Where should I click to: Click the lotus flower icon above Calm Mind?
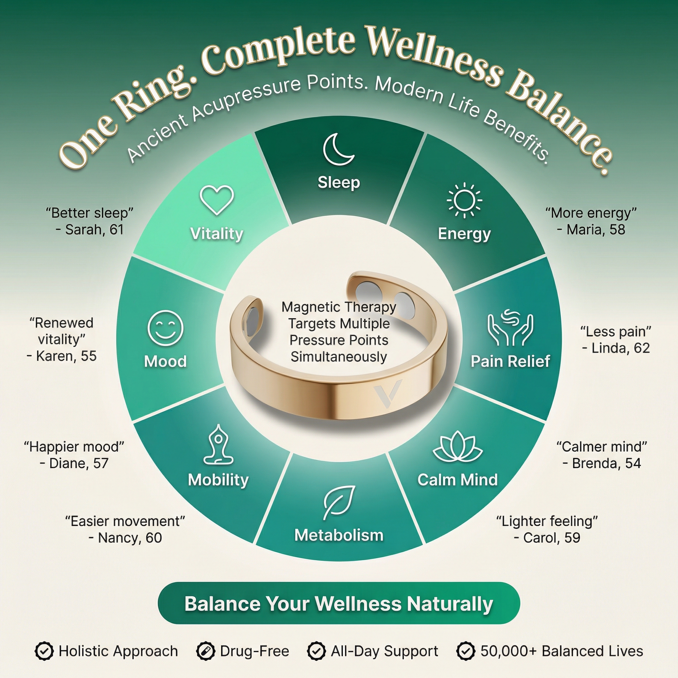pyautogui.click(x=458, y=446)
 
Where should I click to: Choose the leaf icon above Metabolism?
pyautogui.click(x=339, y=503)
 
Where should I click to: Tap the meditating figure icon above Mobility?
pyautogui.click(x=218, y=445)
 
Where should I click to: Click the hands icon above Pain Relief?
pyautogui.click(x=510, y=327)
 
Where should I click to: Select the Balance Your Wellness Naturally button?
pyautogui.click(x=339, y=604)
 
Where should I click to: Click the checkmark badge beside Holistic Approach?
pyautogui.click(x=44, y=651)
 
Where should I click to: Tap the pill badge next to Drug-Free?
pyautogui.click(x=206, y=651)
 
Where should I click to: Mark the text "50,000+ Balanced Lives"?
pyautogui.click(x=561, y=651)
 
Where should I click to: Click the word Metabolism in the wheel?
pyautogui.click(x=339, y=535)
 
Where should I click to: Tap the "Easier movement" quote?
pyautogui.click(x=125, y=521)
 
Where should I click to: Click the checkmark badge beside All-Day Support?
pyautogui.click(x=316, y=651)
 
